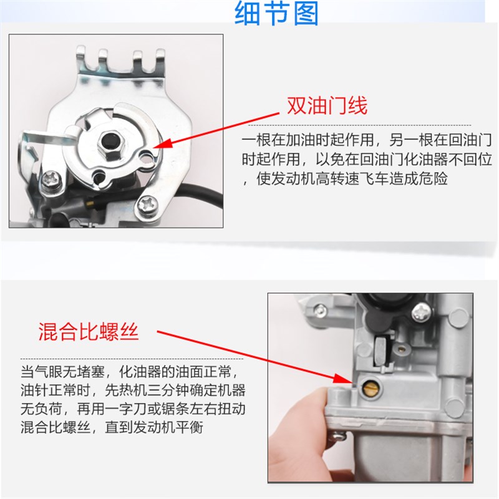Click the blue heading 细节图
(276, 13)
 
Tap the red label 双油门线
(326, 105)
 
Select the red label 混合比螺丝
(88, 331)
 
